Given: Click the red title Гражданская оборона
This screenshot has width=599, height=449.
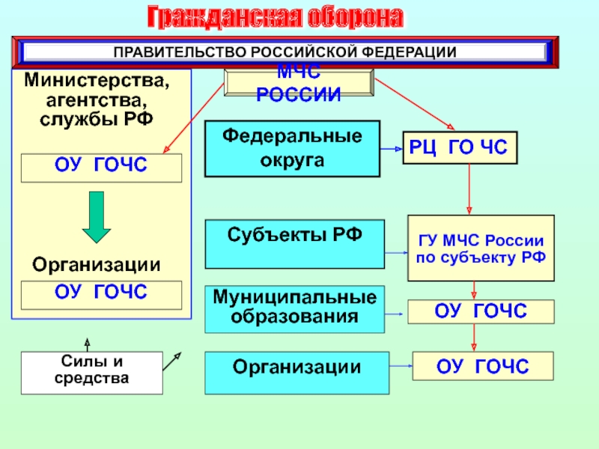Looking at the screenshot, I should (x=274, y=16).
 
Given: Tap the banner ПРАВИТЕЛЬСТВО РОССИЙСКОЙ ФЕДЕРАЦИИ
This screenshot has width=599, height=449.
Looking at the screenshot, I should (x=285, y=52).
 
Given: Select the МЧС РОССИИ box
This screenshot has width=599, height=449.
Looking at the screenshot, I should (x=299, y=84).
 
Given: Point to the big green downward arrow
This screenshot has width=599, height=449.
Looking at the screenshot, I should (x=97, y=216).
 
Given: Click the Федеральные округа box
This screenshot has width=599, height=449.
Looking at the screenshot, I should (x=293, y=148).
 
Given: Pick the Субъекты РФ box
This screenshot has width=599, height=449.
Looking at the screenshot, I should (x=294, y=243).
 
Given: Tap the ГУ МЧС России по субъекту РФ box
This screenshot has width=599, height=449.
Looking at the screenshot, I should (x=481, y=248).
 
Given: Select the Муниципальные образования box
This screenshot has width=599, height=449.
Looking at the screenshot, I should (x=294, y=309).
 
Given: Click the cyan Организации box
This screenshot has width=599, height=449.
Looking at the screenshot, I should (x=297, y=373).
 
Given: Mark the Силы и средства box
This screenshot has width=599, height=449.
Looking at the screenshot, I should (x=91, y=373).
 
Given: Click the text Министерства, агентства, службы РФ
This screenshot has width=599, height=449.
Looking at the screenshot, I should (x=97, y=98).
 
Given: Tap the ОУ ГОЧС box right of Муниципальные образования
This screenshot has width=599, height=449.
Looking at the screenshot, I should (x=481, y=311).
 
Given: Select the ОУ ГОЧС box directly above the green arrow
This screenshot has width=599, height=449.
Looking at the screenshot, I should (x=101, y=168).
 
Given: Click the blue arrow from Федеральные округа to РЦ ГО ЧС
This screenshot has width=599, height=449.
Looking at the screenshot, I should (x=392, y=149).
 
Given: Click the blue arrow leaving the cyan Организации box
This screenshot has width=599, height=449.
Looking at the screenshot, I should (x=401, y=367).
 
